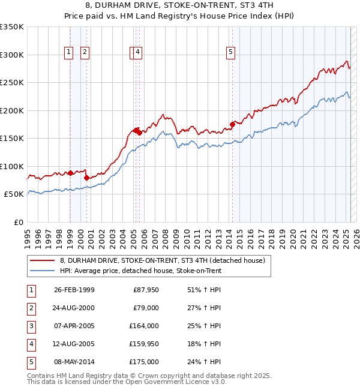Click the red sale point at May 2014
232,125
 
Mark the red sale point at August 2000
86,178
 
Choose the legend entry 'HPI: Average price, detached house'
141,271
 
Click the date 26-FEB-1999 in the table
74,290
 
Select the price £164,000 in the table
145,326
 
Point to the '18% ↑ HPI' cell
202,344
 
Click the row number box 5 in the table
30,362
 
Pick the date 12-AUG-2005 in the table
74,344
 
